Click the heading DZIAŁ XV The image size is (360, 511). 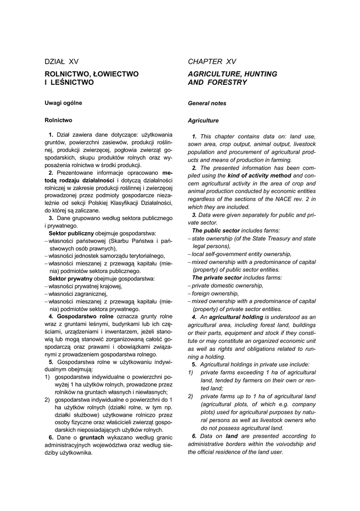61,61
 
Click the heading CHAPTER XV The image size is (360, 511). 212,61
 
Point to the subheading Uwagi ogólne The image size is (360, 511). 63,103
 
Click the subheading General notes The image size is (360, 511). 207,103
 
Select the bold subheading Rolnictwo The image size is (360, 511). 58,120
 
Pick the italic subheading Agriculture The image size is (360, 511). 203,121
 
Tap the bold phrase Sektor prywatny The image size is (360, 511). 70,278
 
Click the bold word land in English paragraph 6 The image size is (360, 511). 231,436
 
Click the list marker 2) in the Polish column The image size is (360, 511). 47,400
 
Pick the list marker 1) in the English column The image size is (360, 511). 191,372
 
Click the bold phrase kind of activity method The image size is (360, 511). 259,176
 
